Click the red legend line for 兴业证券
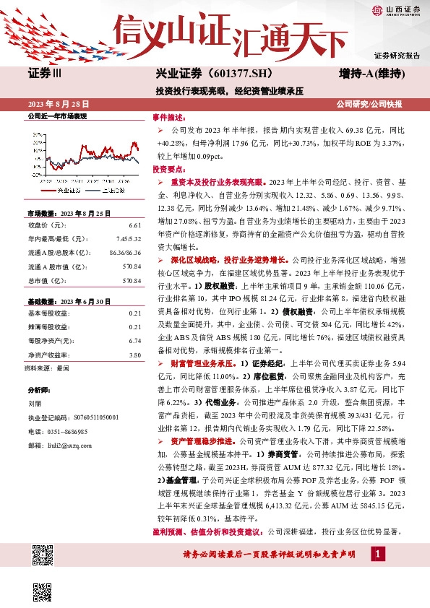pos(48,190)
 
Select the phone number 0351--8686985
pos(67,431)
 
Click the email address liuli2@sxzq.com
pos(68,445)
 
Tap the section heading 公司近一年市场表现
pos(56,116)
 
